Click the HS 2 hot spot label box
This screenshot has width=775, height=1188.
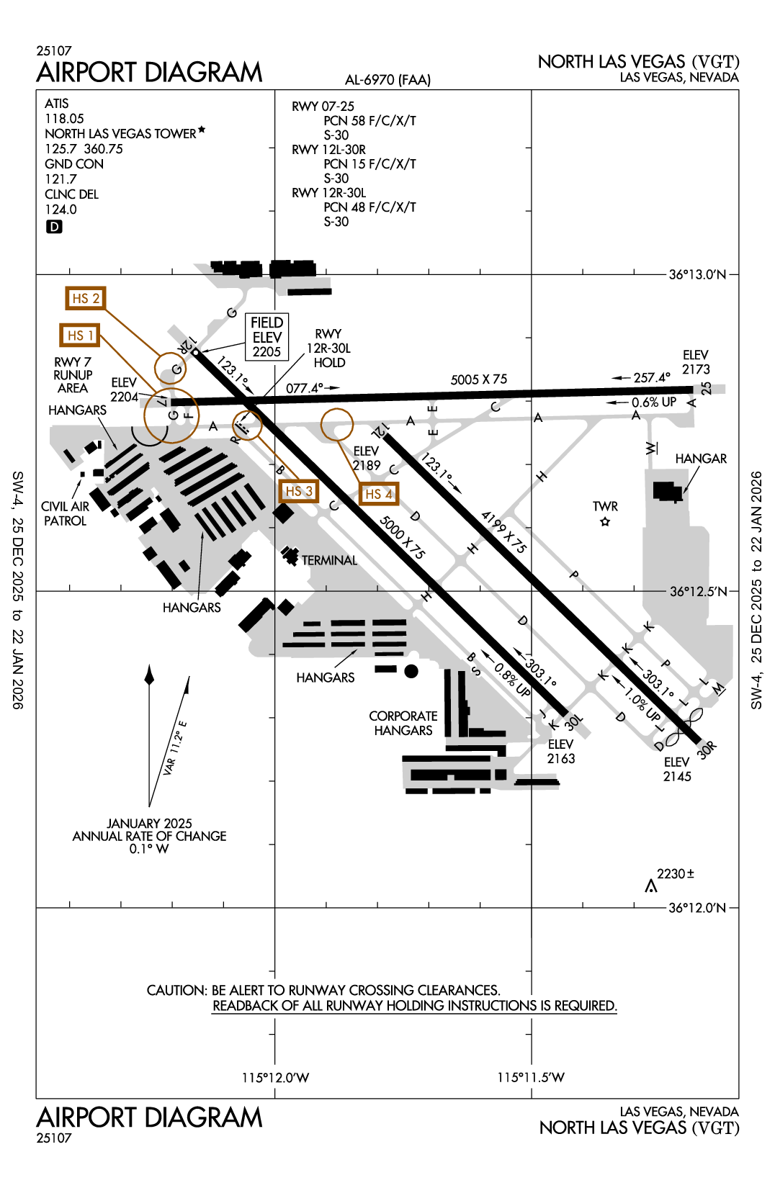tap(85, 298)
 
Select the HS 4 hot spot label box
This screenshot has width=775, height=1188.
tap(378, 494)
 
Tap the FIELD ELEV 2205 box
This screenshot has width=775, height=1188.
tap(266, 337)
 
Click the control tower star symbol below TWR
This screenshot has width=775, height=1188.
tap(605, 522)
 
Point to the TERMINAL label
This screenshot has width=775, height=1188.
tap(329, 560)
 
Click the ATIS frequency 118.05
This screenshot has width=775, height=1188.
tap(64, 119)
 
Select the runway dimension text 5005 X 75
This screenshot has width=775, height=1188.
tap(479, 379)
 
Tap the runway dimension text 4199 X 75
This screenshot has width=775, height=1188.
tap(504, 532)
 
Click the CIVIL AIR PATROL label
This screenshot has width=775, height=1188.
tap(65, 513)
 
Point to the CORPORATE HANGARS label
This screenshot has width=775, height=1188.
tap(403, 723)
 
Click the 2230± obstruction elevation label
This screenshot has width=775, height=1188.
tap(675, 873)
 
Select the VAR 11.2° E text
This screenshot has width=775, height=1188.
tap(174, 748)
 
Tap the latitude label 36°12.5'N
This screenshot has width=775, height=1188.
tap(698, 591)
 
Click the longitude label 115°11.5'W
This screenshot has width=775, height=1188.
tap(531, 1077)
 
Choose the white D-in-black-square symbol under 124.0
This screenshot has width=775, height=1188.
tap(54, 227)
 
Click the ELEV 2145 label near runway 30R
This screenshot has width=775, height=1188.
tap(677, 769)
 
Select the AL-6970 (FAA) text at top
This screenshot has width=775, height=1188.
tap(387, 80)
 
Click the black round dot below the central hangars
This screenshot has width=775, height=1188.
tap(411, 671)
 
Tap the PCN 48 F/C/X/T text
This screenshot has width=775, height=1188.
tap(369, 207)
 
